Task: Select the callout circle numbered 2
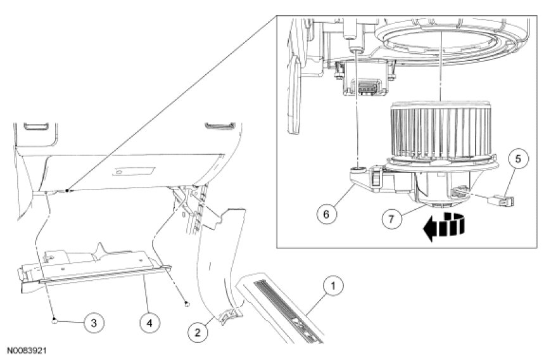tap(198, 332)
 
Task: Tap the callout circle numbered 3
tap(94, 323)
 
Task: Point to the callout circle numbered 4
tap(149, 323)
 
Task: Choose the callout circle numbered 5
tap(518, 159)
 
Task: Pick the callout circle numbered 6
tap(326, 214)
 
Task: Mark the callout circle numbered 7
tap(391, 219)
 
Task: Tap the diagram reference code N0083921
tap(27, 350)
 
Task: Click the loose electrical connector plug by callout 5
tap(501, 201)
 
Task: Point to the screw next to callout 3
tap(54, 320)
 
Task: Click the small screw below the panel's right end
tap(187, 304)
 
